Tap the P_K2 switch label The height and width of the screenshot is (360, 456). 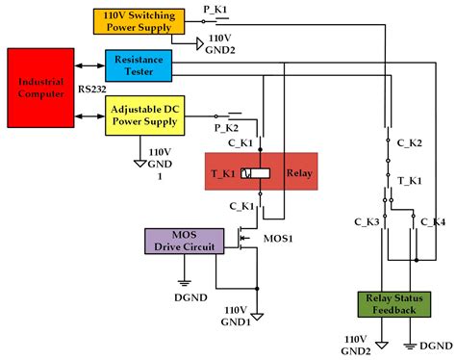[x=225, y=127]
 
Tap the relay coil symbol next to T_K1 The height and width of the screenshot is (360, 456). [x=247, y=173]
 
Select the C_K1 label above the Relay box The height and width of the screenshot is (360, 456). [x=241, y=142]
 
